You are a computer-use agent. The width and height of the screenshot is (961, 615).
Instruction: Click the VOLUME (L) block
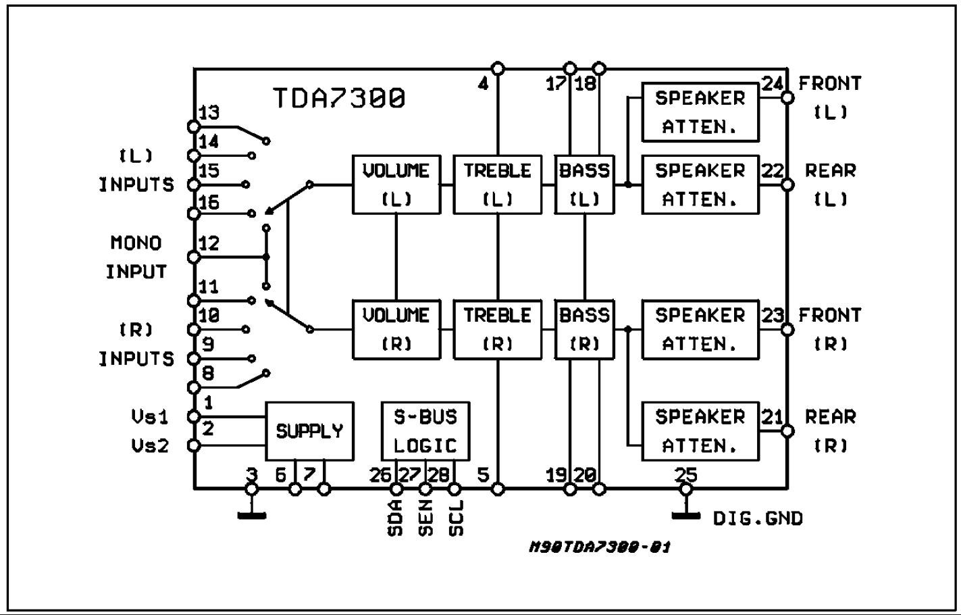(396, 184)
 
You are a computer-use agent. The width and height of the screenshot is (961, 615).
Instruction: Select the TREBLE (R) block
(498, 329)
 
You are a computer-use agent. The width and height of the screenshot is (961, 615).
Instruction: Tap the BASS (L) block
(584, 184)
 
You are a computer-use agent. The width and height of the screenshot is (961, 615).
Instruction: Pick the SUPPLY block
(309, 431)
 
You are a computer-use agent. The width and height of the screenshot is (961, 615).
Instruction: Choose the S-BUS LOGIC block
(425, 431)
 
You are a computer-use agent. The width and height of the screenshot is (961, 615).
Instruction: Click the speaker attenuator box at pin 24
(700, 112)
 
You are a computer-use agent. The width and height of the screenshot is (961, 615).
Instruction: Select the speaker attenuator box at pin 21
(700, 431)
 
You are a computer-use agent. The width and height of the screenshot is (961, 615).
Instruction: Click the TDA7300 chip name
(339, 99)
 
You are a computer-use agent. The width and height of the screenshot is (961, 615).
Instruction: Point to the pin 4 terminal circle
(498, 68)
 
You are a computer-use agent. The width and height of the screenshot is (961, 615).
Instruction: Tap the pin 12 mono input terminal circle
(194, 257)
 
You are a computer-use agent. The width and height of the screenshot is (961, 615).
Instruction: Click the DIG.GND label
(758, 519)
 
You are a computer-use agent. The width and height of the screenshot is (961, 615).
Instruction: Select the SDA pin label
(396, 518)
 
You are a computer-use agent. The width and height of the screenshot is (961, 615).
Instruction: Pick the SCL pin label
(456, 518)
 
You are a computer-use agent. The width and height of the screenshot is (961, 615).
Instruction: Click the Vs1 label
(150, 417)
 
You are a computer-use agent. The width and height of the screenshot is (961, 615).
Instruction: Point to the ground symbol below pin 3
(251, 516)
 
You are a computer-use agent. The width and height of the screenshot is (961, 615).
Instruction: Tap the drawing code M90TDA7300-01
(600, 547)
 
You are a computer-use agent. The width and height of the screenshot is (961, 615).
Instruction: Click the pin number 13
(209, 112)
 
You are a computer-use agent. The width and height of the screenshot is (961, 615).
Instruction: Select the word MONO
(136, 243)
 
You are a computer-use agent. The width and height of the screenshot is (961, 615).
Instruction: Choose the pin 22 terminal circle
(787, 184)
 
